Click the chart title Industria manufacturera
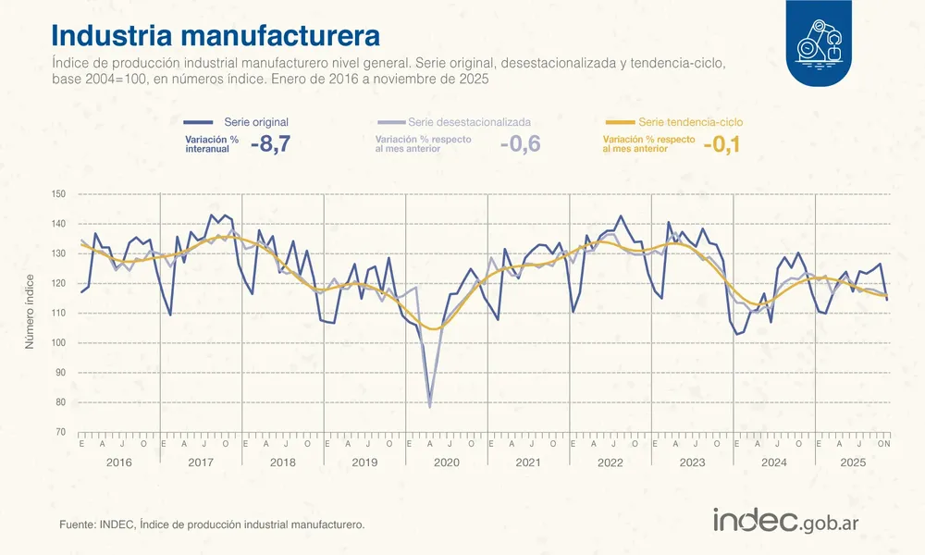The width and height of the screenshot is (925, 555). click(x=216, y=35)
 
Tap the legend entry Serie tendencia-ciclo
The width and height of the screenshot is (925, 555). click(x=690, y=122)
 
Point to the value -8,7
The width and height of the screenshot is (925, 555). click(x=270, y=144)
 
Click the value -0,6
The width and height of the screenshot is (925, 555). click(x=520, y=144)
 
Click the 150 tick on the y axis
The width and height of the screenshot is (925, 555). click(x=59, y=194)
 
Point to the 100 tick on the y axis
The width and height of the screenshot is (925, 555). click(x=59, y=343)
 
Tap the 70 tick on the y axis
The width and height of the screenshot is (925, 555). click(x=61, y=432)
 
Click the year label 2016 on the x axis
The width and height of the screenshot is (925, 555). click(x=119, y=462)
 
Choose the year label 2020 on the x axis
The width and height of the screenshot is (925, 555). click(x=446, y=462)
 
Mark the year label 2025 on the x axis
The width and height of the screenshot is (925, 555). click(x=853, y=462)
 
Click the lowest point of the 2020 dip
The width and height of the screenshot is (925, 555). click(x=430, y=405)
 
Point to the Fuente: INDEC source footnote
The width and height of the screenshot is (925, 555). click(x=212, y=524)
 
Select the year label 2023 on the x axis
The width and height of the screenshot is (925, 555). click(x=691, y=462)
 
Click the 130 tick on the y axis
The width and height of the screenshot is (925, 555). click(x=59, y=253)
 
